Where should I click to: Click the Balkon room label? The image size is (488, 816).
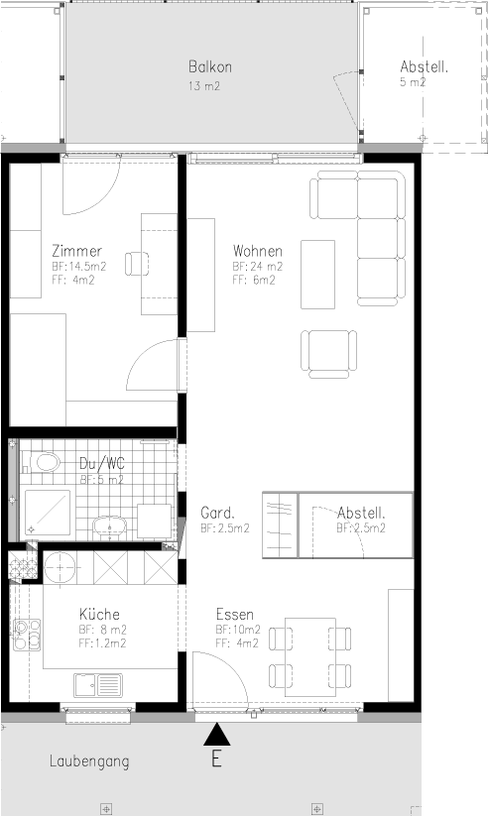210,67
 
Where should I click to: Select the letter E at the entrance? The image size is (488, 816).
216,759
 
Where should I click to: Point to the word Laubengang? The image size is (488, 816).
89,761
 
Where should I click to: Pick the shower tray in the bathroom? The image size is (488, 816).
48,513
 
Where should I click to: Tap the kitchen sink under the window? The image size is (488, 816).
98,685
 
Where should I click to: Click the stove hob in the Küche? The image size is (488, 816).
27,635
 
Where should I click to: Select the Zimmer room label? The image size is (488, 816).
76,252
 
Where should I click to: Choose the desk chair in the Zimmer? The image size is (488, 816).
137,264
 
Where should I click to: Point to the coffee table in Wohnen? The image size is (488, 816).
317,275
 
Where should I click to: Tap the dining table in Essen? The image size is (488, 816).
309,657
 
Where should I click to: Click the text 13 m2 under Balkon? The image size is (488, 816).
204,86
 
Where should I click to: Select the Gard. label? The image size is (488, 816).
217,513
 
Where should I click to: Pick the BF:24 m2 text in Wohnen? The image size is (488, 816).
258,267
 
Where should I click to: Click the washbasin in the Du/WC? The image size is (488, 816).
109,526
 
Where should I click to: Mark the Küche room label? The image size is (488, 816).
99,614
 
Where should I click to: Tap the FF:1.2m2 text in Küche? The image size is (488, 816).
102,643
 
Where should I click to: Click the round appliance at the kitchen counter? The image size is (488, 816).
60,568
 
